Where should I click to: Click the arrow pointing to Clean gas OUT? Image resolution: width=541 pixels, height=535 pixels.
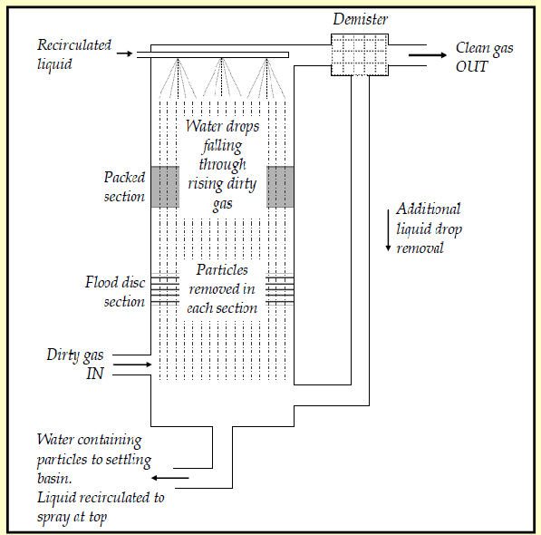coord(425,54)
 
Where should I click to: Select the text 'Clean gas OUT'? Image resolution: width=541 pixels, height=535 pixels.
coord(485,55)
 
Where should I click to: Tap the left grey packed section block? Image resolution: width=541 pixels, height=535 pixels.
coord(164,187)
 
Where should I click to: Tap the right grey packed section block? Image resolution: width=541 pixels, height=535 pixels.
coord(280,187)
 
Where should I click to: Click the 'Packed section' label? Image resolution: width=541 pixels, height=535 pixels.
coord(124,187)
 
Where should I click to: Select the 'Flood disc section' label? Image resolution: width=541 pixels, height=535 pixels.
coord(115,292)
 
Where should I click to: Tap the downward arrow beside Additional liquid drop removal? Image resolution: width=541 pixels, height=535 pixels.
coord(388,232)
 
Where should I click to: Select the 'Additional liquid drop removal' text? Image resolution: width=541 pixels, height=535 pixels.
coord(429,228)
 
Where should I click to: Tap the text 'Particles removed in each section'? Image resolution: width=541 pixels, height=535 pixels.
coord(222,288)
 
